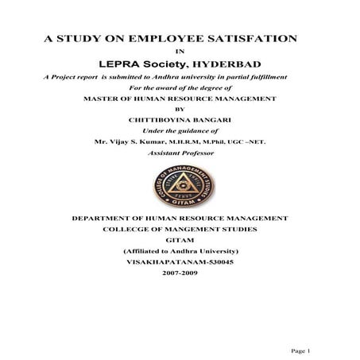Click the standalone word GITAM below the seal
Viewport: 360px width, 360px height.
(x=179, y=238)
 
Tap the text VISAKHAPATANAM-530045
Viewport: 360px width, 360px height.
(x=179, y=258)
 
